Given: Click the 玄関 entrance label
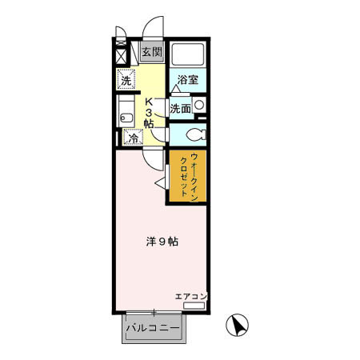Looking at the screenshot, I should point(152,53).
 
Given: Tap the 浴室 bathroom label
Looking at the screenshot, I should point(187,80).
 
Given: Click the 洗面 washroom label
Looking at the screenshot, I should point(179,108).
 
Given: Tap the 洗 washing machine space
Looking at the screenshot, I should point(126,79).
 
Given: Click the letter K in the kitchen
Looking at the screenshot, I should point(149,101).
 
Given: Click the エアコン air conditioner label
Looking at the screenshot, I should point(191,297).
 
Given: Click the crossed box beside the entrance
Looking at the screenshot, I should point(122,57).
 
